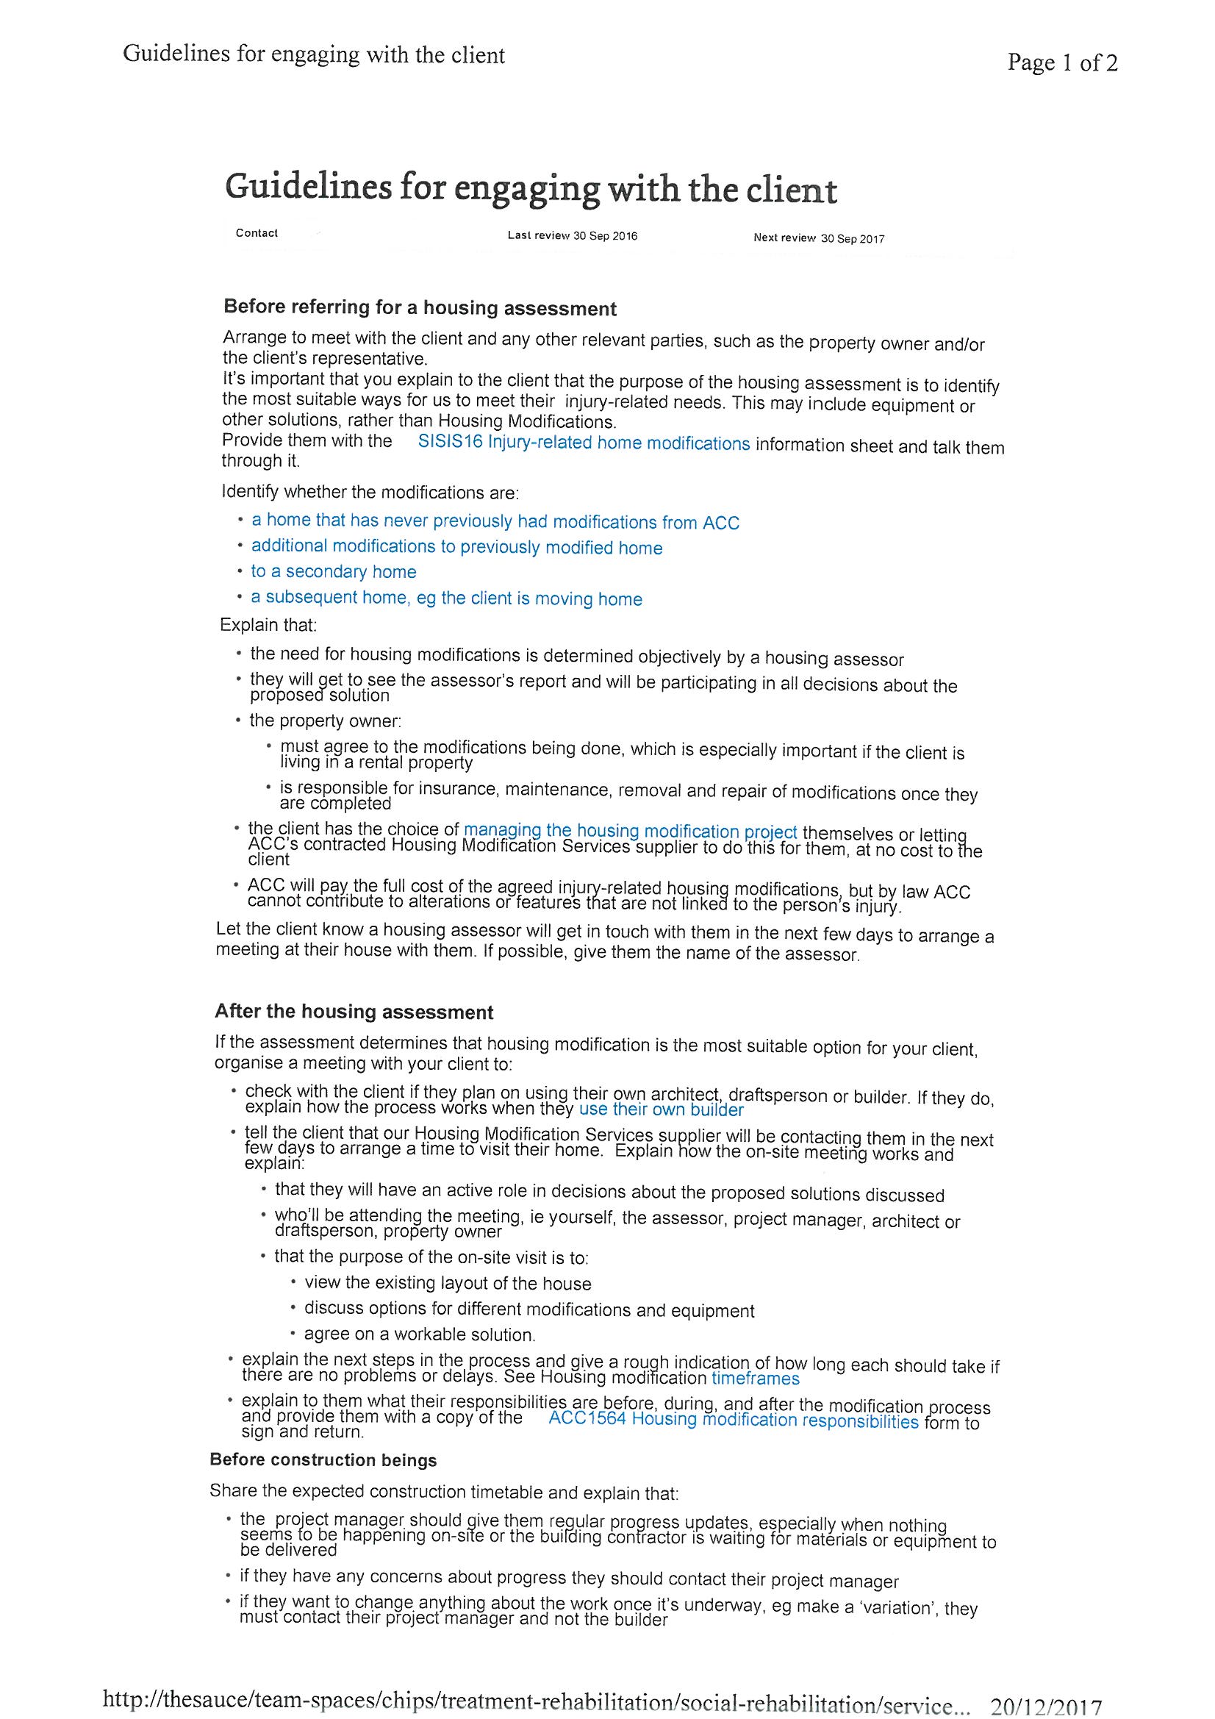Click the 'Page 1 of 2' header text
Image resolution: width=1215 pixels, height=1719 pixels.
tap(1061, 63)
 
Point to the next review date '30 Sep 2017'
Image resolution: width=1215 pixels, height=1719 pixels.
tap(852, 239)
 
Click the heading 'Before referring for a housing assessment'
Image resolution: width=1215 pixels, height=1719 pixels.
tap(420, 308)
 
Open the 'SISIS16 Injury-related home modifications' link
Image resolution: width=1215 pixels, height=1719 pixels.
tap(583, 443)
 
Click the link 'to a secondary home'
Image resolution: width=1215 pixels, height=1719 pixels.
tap(333, 572)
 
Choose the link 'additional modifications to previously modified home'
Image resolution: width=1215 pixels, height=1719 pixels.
tap(456, 547)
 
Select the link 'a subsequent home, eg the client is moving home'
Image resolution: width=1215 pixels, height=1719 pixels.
tap(446, 598)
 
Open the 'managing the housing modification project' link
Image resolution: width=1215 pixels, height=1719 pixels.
tap(631, 831)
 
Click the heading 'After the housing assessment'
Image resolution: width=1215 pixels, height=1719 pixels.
tap(354, 1012)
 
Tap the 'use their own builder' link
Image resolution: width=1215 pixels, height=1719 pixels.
tap(661, 1110)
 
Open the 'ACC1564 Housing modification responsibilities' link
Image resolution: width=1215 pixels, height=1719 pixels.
tap(733, 1420)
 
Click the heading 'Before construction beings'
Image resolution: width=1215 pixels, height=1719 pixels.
tap(323, 1460)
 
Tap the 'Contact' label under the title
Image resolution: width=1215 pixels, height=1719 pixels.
tap(256, 233)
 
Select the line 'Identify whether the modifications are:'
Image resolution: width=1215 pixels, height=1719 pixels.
tap(370, 493)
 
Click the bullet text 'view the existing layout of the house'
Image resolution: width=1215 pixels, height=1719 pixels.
tap(448, 1283)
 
